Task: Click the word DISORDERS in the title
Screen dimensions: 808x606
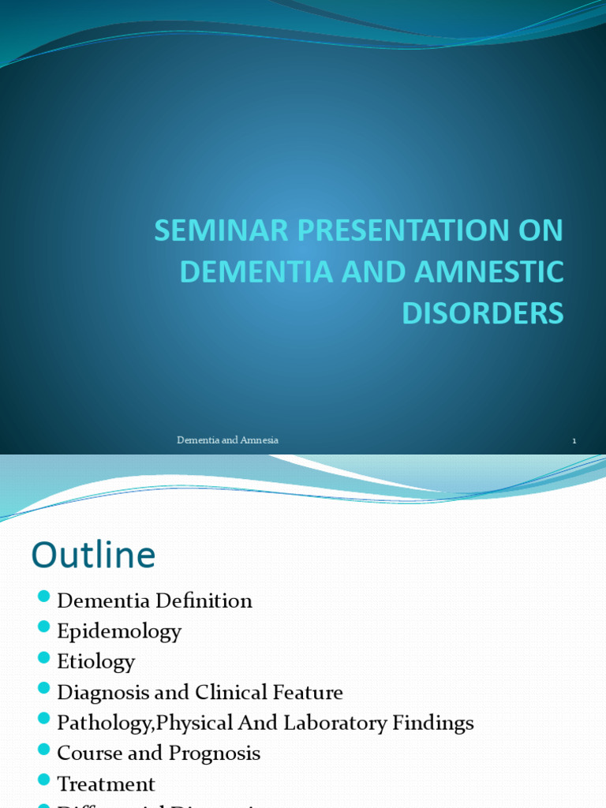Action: pyautogui.click(x=483, y=312)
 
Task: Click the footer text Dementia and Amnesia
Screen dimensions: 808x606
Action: pyautogui.click(x=227, y=440)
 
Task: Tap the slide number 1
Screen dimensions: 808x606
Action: pyautogui.click(x=574, y=441)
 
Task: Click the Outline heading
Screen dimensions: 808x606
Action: pyautogui.click(x=93, y=555)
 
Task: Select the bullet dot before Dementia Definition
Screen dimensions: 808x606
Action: pyautogui.click(x=43, y=597)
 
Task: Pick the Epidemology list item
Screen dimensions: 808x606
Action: pyautogui.click(x=119, y=631)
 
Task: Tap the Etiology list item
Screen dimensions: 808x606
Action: pyautogui.click(x=96, y=661)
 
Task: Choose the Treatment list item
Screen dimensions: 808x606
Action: pyautogui.click(x=106, y=784)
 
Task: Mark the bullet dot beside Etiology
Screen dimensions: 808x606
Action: pyautogui.click(x=43, y=658)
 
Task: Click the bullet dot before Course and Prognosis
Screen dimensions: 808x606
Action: pyautogui.click(x=43, y=750)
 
